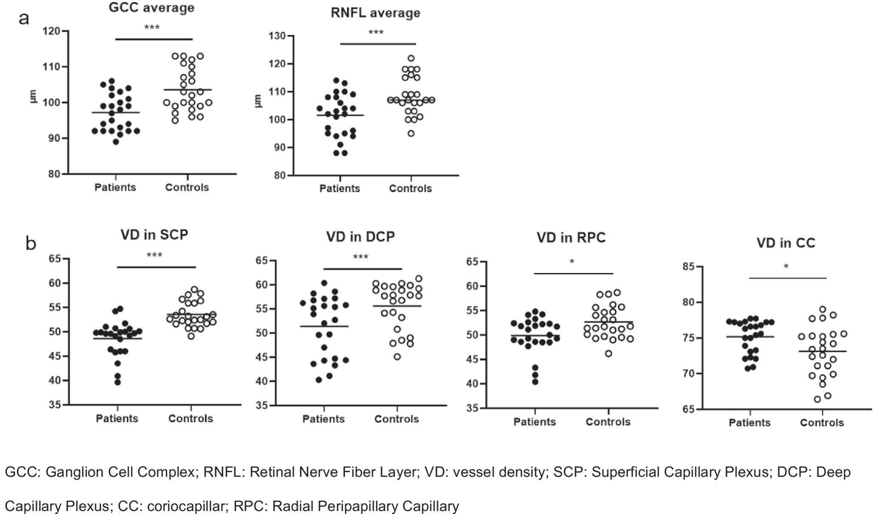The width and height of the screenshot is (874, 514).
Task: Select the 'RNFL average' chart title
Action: coord(375,13)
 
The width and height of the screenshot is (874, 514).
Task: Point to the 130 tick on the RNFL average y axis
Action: coord(276,36)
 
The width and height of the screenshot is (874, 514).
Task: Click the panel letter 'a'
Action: coord(24,18)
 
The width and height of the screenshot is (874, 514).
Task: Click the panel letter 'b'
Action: coord(31,244)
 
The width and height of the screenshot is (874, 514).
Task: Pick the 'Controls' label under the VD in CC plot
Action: coord(822,423)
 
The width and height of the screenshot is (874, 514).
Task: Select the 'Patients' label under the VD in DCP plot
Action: coord(323,419)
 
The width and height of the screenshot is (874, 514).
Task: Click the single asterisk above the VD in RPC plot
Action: coord(572,262)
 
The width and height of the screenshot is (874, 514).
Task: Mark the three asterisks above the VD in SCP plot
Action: coord(154,256)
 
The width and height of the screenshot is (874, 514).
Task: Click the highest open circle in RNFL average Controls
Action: coord(411,58)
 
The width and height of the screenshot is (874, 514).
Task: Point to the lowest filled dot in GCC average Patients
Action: coord(116,142)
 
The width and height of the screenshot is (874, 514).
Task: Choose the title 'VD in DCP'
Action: coord(360,237)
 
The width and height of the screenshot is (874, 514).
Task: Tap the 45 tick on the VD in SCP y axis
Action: coord(55,356)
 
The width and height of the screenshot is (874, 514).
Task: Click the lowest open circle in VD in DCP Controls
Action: coord(397,357)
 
